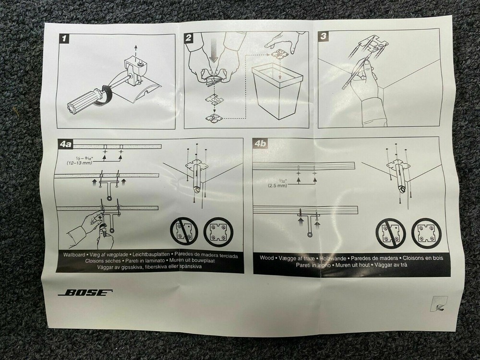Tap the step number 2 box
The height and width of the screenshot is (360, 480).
(190, 37)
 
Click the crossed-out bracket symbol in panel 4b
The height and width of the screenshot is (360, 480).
(390, 234)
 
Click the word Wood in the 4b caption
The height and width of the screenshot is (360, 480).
(266, 258)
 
